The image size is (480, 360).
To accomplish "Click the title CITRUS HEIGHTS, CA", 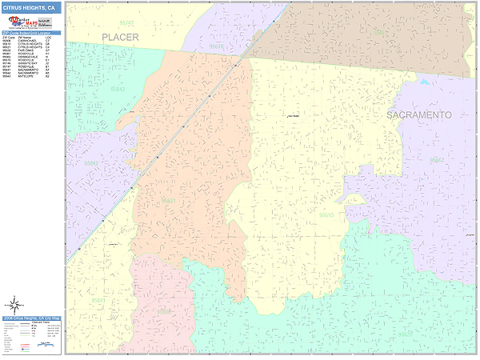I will tap(29, 7).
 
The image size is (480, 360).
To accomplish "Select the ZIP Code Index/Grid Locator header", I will tap(31, 33).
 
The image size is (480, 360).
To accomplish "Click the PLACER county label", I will tap(121, 37).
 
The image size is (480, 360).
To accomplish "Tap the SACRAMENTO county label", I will tap(418, 115).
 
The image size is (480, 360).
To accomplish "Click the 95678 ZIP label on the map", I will tap(216, 47).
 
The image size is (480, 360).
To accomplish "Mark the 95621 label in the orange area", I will tap(168, 201).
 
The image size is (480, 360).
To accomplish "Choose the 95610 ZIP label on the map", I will tap(326, 215).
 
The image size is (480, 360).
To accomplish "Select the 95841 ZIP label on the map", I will tap(98, 300).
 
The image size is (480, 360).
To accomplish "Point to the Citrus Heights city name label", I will tap(293, 117).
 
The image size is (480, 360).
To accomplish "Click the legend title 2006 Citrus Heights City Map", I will tap(31, 318).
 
